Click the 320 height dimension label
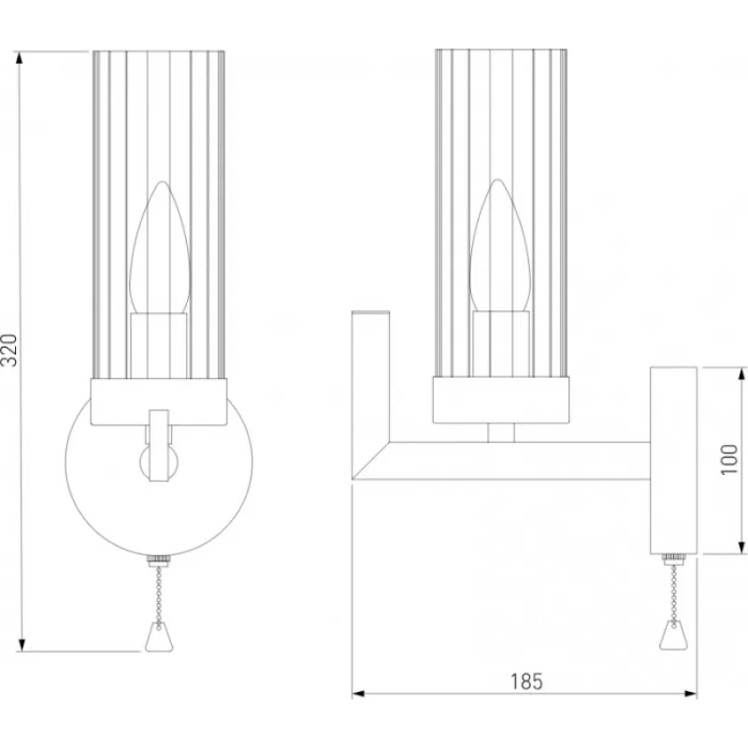[x=9, y=350]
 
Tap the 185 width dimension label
[x=526, y=682]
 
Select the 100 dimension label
[x=729, y=459]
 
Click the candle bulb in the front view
[x=160, y=247]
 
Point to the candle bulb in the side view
[x=499, y=246]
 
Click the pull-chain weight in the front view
[x=159, y=637]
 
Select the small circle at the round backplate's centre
[x=159, y=462]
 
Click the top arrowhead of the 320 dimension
[x=19, y=58]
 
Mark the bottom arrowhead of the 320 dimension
[x=21, y=645]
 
